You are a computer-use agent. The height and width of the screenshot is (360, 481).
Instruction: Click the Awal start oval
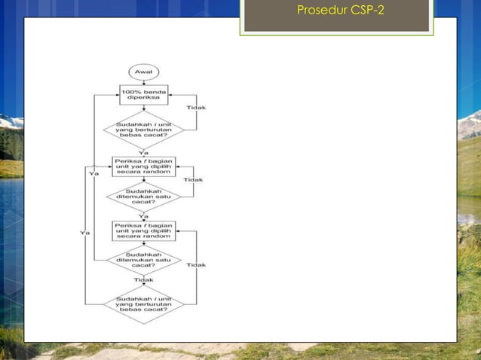point(143,72)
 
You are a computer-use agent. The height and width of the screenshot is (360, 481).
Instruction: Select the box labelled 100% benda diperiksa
point(143,95)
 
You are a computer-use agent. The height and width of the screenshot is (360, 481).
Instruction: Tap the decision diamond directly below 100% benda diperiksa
point(143,129)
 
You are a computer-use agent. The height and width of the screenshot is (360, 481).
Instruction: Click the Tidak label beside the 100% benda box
point(196,108)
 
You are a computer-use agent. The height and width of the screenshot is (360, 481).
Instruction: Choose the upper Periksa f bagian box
point(143,166)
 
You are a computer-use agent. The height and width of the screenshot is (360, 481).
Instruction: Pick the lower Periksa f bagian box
point(143,230)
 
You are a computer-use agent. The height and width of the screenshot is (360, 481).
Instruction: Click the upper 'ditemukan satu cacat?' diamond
point(143,197)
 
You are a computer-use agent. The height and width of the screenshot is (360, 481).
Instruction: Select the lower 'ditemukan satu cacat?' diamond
point(143,261)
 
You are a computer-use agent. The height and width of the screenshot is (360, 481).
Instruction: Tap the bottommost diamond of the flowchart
point(143,304)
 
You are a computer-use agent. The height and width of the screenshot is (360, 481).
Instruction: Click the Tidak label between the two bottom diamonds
point(143,279)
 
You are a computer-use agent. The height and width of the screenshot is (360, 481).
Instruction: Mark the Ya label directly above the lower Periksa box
point(143,216)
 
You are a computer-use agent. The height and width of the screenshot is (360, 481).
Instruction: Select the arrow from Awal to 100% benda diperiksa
point(143,81)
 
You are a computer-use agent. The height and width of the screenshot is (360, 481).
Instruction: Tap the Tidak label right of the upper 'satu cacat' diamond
point(194,180)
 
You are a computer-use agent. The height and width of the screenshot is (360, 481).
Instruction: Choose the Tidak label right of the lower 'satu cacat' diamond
point(196,265)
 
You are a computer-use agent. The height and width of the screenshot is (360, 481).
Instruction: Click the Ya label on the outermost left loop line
point(85,233)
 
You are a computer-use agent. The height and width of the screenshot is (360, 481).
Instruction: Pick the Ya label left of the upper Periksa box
point(94,174)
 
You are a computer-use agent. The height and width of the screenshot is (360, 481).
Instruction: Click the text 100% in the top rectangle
point(132,91)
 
